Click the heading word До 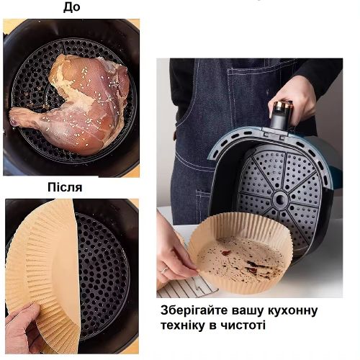click(71, 7)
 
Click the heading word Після click(65, 187)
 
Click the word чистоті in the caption click(243, 325)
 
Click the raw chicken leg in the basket click(72, 103)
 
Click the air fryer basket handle click(282, 115)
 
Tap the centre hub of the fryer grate click(281, 198)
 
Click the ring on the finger click(164, 270)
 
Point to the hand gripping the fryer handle click(293, 101)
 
